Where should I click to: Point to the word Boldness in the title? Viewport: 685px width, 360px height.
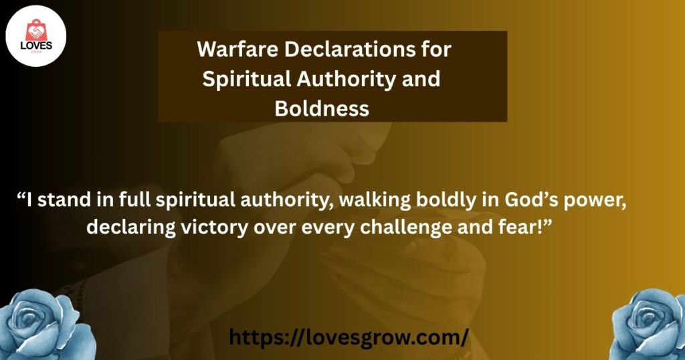pyautogui.click(x=322, y=108)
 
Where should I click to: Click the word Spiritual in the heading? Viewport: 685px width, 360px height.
pyautogui.click(x=247, y=79)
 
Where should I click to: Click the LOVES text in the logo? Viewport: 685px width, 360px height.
pyautogui.click(x=36, y=46)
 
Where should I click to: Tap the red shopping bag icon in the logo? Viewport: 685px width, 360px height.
pyautogui.click(x=36, y=31)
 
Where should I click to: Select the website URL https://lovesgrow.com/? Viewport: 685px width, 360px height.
pyautogui.click(x=349, y=337)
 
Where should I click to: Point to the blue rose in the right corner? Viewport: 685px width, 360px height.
pyautogui.click(x=649, y=325)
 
